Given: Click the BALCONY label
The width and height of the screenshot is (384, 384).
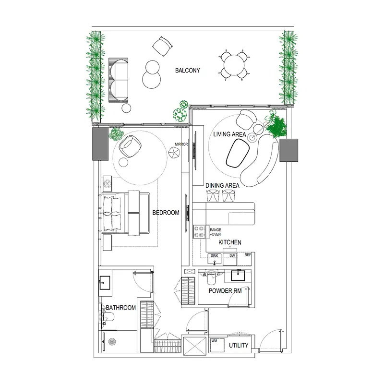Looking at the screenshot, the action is pyautogui.click(x=188, y=71).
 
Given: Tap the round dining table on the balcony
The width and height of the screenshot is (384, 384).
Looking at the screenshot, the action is pyautogui.click(x=234, y=65).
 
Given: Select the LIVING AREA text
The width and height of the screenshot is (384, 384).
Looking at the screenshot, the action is pyautogui.click(x=229, y=134).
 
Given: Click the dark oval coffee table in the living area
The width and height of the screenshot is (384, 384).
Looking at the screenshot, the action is pyautogui.click(x=238, y=153).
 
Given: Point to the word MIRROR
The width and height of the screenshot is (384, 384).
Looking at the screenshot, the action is pyautogui.click(x=181, y=144).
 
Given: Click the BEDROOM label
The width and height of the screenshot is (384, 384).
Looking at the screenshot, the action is pyautogui.click(x=166, y=213).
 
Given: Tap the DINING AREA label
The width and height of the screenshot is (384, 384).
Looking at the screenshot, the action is pyautogui.click(x=222, y=186).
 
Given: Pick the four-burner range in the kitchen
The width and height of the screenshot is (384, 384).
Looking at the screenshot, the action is pyautogui.click(x=199, y=232).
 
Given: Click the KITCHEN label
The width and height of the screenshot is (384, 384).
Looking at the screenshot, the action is pyautogui.click(x=230, y=242).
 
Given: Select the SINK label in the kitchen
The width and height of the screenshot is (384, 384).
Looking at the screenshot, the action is pyautogui.click(x=215, y=255).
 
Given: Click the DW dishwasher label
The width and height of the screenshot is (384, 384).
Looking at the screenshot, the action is pyautogui.click(x=232, y=256).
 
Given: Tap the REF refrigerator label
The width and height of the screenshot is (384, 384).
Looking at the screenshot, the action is pyautogui.click(x=248, y=255).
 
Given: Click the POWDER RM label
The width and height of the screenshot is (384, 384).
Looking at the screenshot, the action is pyautogui.click(x=225, y=291).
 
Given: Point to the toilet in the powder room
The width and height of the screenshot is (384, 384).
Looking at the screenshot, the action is pyautogui.click(x=211, y=278).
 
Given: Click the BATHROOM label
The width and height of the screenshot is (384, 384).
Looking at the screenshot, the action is pyautogui.click(x=121, y=308).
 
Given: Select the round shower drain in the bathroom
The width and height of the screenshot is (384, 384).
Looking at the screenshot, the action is pyautogui.click(x=112, y=342).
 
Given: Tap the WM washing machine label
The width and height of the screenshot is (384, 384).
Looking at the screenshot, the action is pyautogui.click(x=214, y=341).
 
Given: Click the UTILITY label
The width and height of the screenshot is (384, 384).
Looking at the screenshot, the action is pyautogui.click(x=239, y=345).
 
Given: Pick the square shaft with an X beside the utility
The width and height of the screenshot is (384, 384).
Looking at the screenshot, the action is pyautogui.click(x=195, y=346).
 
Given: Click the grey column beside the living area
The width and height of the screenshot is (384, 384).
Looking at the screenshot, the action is pyautogui.click(x=289, y=150).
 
